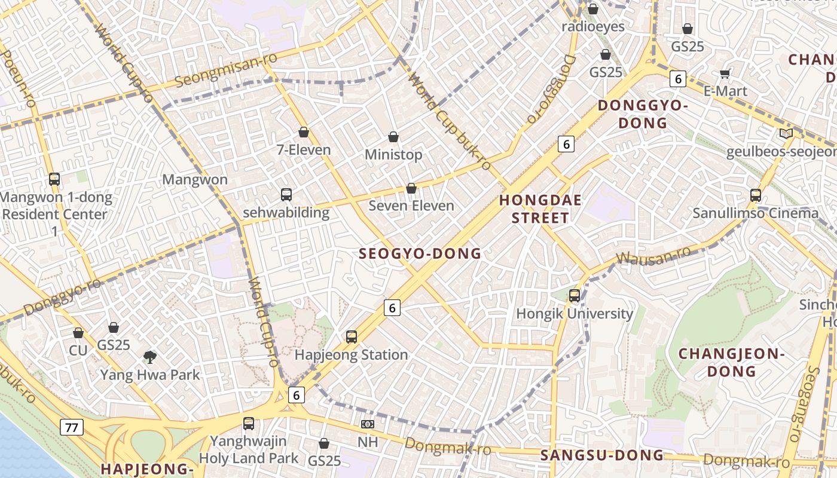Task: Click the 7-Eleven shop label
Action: (x=304, y=149)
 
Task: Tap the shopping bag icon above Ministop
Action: (x=393, y=137)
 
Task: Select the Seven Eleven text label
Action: (x=411, y=206)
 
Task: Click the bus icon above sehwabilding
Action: (x=286, y=194)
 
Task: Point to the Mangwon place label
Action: (x=195, y=179)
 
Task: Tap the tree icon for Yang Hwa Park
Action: (x=150, y=357)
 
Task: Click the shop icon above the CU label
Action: (x=78, y=333)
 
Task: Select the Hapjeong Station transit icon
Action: (x=352, y=337)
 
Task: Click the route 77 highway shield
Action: (x=71, y=427)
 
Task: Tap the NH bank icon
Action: (x=368, y=424)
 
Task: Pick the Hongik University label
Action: (x=575, y=314)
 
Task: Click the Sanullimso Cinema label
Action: (x=756, y=213)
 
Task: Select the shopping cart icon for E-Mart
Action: (x=725, y=73)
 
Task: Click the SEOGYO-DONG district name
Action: (x=420, y=253)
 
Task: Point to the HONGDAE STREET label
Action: (x=540, y=209)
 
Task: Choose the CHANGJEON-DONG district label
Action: (x=731, y=362)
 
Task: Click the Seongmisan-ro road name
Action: (x=226, y=71)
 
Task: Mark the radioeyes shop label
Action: (x=592, y=27)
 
